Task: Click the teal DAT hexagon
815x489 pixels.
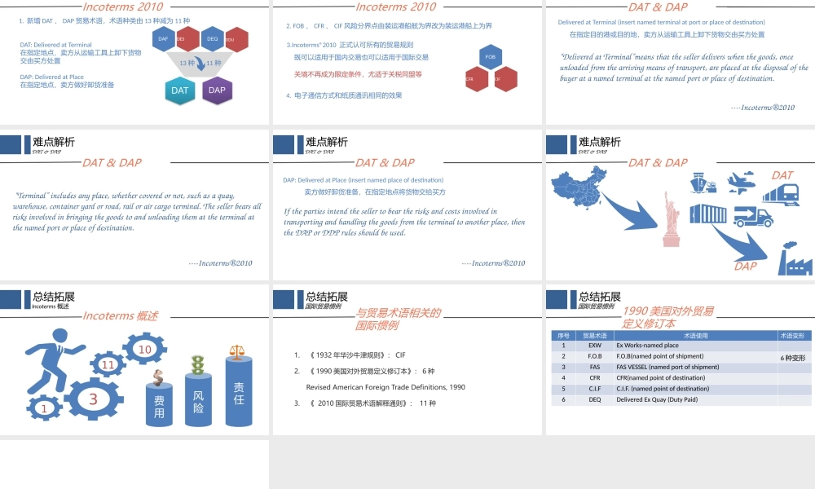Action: coord(179,90)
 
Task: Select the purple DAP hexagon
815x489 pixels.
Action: coord(217,90)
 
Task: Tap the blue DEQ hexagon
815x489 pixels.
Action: coord(213,38)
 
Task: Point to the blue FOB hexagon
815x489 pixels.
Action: coord(490,57)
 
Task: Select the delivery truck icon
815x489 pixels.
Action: coord(752,217)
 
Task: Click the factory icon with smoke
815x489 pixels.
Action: coord(792,258)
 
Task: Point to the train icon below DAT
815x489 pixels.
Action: coord(782,194)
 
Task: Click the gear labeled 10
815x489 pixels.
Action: coord(145,350)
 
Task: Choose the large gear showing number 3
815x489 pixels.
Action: coord(94,399)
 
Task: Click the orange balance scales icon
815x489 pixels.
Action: coord(238,352)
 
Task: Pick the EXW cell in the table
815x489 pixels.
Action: coord(594,346)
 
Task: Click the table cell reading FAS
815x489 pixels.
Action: coord(594,367)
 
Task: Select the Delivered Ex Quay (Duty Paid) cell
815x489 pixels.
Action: coord(657,399)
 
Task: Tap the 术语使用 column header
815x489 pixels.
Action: coord(695,335)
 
